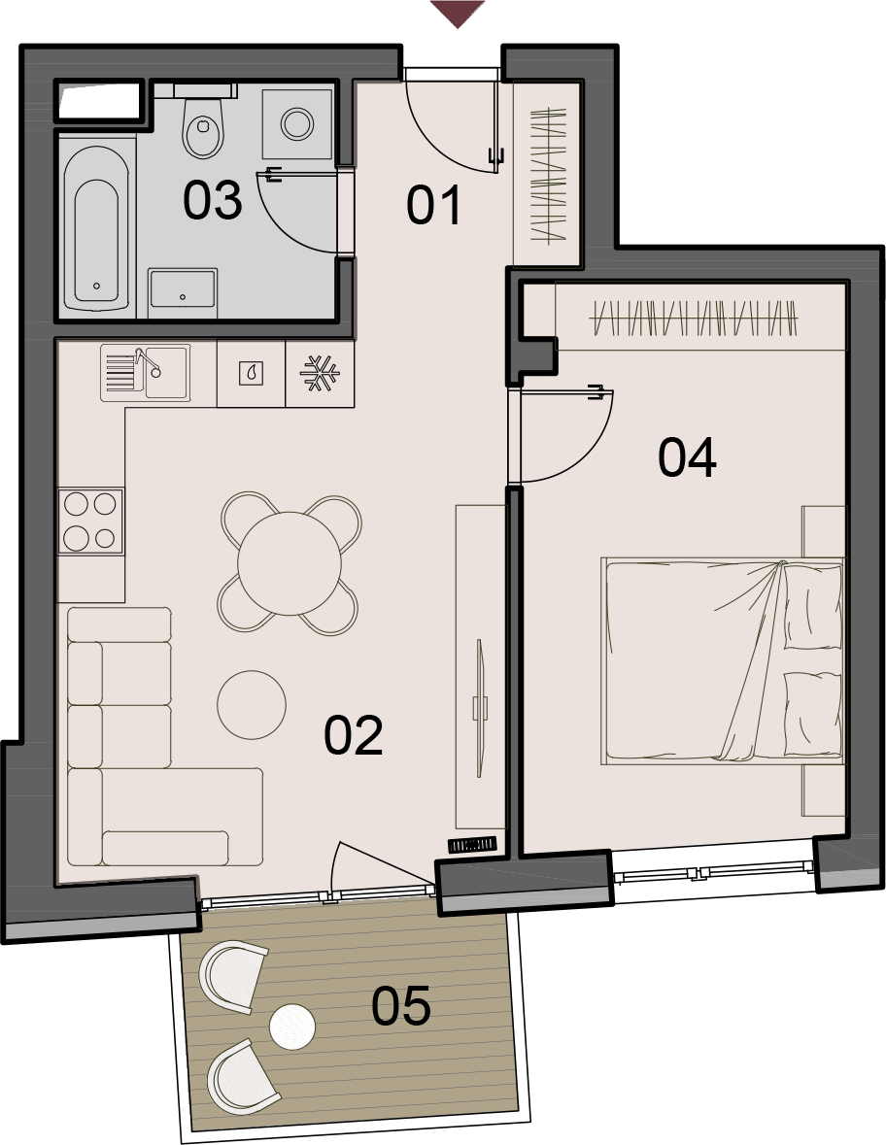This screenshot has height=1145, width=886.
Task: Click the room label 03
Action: [x=212, y=201]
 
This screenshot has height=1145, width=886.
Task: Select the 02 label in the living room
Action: [x=354, y=735]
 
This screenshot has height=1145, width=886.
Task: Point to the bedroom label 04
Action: [x=687, y=457]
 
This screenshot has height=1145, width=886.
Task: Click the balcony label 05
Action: [x=401, y=1006]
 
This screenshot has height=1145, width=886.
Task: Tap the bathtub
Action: [x=96, y=227]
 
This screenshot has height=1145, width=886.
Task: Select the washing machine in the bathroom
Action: [x=297, y=123]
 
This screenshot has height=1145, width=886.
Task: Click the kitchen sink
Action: [x=146, y=372]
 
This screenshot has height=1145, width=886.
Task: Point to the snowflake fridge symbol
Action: [x=320, y=373]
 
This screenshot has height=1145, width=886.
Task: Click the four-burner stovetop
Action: [x=90, y=521]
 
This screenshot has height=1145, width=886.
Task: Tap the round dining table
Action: [x=290, y=563]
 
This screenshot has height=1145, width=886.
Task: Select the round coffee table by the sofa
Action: [x=252, y=705]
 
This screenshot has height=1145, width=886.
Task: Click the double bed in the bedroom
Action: [x=723, y=661]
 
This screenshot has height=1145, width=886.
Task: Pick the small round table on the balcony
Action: [x=292, y=1027]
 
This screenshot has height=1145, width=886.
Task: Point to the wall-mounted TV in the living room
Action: [x=480, y=709]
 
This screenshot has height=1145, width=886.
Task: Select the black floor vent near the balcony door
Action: [x=472, y=845]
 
